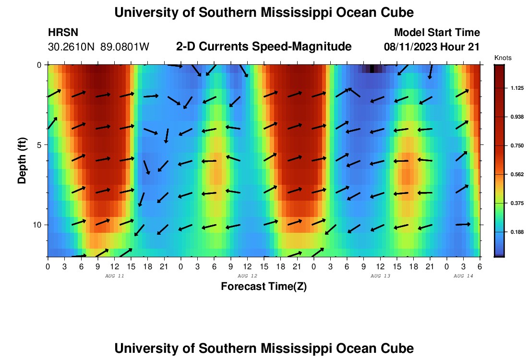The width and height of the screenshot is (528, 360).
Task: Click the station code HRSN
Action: coord(63,33)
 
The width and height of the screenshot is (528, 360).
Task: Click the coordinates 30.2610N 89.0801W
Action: coord(99,47)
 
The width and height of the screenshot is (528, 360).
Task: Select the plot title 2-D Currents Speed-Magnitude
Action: coord(264,47)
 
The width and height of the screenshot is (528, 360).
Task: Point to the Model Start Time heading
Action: coord(436,33)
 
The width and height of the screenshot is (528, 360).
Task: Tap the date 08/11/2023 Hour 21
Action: coord(432,47)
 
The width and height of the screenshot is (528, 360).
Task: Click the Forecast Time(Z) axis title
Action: coord(264,287)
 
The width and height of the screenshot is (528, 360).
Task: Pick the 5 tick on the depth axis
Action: coord(40,144)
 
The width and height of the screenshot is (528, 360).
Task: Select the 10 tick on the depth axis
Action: coord(38,225)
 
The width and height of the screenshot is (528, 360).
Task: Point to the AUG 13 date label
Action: coord(380,276)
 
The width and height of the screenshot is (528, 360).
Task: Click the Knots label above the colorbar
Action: coord(503,58)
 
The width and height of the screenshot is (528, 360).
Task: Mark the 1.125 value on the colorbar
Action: coord(516,88)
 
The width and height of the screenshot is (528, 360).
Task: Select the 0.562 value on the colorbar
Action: coord(516,174)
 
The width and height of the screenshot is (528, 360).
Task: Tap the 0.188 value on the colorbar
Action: coord(516,232)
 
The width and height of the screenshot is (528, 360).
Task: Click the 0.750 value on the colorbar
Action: coord(516,145)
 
